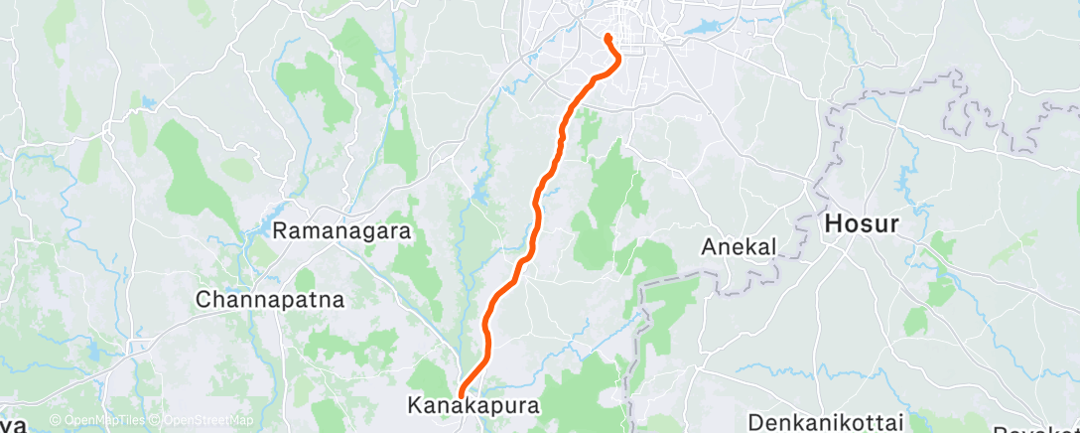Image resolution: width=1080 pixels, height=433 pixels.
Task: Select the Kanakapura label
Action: point(473,405)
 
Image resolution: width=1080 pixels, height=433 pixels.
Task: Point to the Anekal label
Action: point(737,246)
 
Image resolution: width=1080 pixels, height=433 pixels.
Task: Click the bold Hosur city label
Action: point(862,224)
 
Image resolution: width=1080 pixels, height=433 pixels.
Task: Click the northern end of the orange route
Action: point(607,37)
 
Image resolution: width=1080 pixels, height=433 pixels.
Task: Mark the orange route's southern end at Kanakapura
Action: point(461,398)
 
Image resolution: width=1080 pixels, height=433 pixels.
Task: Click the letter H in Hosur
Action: point(833,224)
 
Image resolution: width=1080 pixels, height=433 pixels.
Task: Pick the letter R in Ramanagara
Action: point(280,230)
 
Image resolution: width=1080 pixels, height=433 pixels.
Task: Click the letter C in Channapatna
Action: point(203,298)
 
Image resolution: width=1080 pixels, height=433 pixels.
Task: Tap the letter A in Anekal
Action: point(709,246)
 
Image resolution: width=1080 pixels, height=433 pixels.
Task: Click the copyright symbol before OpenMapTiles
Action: point(55,422)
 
